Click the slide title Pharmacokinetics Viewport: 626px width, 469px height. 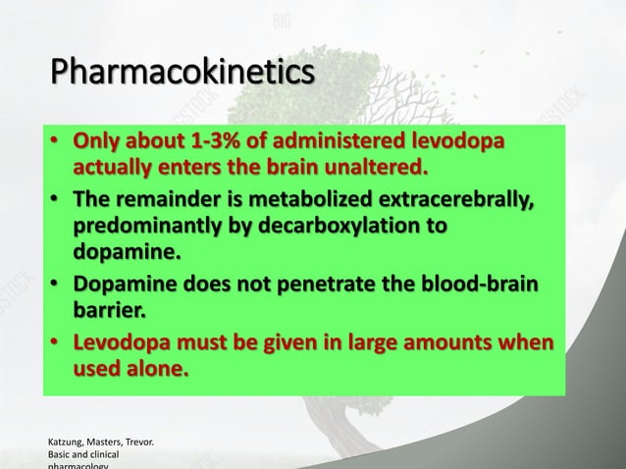183,73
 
